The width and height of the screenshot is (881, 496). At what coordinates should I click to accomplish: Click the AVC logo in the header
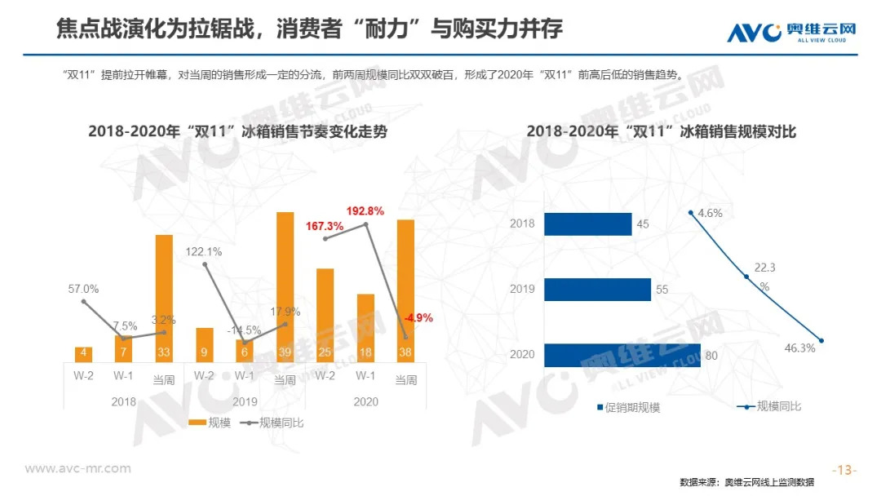coord(791,32)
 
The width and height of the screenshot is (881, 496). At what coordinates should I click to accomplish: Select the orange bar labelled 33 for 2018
coord(164,298)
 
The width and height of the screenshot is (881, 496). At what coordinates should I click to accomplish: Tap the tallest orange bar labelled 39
coord(285,286)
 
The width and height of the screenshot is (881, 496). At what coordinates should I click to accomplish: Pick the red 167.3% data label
coord(325,225)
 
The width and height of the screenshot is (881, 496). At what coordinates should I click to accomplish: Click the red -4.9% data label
coord(418,318)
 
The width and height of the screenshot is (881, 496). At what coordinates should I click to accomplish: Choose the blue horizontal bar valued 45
coord(587,224)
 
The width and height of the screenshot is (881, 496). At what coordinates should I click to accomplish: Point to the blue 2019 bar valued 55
coord(597,290)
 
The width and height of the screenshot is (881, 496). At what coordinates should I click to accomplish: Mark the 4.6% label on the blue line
coord(709,213)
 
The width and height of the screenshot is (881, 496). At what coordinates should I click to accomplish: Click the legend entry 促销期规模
coord(628,407)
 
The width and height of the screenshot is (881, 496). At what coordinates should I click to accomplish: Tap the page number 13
coord(844,470)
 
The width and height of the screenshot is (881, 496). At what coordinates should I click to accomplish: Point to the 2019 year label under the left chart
coord(244,402)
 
